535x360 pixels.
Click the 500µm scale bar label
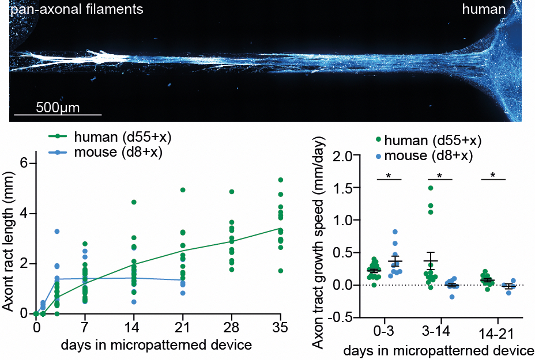click(57, 107)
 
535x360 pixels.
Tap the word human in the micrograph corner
click(484, 9)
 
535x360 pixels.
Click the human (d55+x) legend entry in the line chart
click(122, 137)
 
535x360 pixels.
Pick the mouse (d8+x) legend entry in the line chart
click(118, 152)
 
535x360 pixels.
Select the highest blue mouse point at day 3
click(57, 232)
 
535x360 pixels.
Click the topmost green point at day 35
click(281, 180)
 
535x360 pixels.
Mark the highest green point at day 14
click(134, 202)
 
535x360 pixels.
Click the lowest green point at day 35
click(281, 270)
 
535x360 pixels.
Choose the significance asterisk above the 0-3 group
click(389, 175)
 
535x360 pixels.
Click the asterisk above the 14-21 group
click(493, 175)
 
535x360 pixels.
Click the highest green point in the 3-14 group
click(430, 188)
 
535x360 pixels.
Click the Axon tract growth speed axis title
click(319, 242)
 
